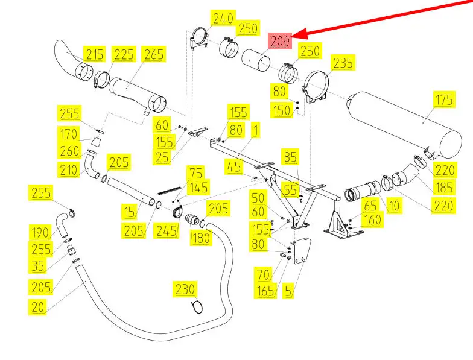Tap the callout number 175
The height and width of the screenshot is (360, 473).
pos(445,99)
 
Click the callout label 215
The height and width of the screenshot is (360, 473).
pos(94,55)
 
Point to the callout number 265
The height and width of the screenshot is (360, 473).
pos(153,55)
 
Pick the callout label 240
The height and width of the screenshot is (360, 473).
pos(223,19)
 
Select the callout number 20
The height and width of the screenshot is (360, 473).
pos(39,307)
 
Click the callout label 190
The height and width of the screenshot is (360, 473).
pos(40,232)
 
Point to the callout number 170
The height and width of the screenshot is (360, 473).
pos(69,133)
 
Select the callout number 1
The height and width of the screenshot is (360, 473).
pos(256,130)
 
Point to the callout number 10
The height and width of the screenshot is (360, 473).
pos(393,206)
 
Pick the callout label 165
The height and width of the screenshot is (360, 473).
pos(266,292)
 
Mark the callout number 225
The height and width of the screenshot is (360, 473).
pos(124,55)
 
